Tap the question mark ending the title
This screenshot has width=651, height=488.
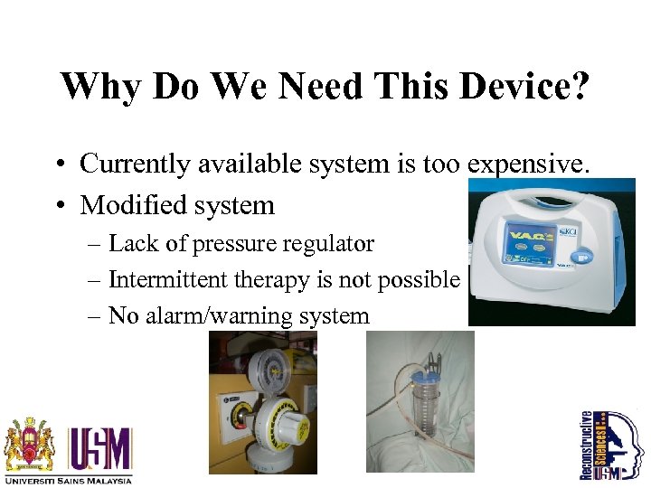[x=578, y=86]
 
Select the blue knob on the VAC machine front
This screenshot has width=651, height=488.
[x=583, y=258]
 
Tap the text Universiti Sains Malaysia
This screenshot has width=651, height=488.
[x=68, y=480]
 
